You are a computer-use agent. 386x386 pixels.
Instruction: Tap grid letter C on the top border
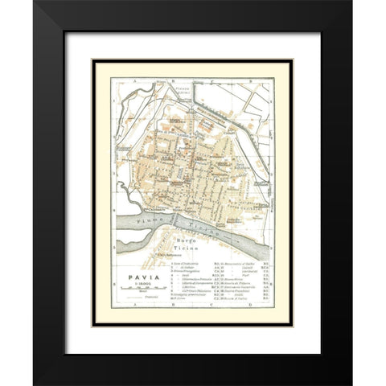218,77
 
